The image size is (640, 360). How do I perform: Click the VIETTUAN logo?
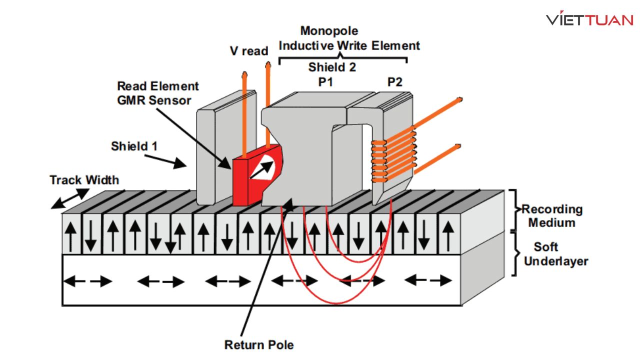pyautogui.click(x=589, y=20)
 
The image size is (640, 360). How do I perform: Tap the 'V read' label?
pyautogui.click(x=248, y=51)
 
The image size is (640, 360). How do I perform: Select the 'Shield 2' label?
pyautogui.click(x=332, y=67)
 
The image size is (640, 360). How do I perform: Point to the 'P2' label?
pyautogui.click(x=394, y=82)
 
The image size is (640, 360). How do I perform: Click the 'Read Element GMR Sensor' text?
pyautogui.click(x=157, y=93)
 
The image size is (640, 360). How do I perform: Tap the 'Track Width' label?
pyautogui.click(x=84, y=180)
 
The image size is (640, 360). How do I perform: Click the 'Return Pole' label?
pyautogui.click(x=259, y=344)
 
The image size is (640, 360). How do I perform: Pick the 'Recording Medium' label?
pyautogui.click(x=551, y=215)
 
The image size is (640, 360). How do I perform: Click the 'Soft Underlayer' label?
pyautogui.click(x=555, y=253)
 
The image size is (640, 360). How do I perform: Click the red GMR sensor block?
pyautogui.click(x=245, y=185)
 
